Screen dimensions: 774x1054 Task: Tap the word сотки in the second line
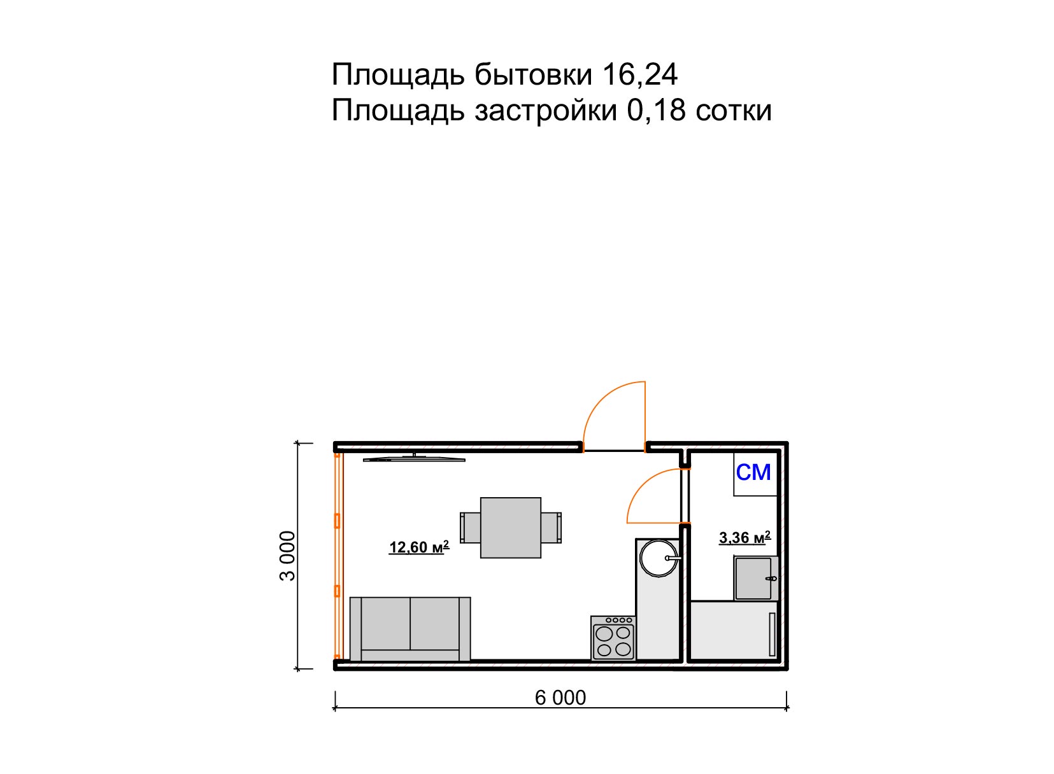click(734, 111)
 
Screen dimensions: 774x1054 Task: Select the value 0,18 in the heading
click(656, 111)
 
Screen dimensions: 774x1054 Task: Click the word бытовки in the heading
click(533, 75)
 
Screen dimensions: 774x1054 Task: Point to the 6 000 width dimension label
click(560, 698)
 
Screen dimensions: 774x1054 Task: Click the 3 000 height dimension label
click(288, 556)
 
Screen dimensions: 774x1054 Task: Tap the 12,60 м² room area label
click(418, 547)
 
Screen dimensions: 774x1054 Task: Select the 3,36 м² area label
click(744, 538)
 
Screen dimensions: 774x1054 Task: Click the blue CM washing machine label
click(754, 473)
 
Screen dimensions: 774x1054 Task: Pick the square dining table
click(510, 528)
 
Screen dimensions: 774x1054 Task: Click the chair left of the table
click(470, 528)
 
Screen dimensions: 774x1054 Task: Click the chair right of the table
click(552, 528)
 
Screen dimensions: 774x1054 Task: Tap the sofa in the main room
click(410, 629)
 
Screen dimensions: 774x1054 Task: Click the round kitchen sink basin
click(658, 558)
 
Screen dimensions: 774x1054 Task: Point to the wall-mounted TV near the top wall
click(414, 458)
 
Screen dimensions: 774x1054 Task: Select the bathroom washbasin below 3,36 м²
click(756, 578)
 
